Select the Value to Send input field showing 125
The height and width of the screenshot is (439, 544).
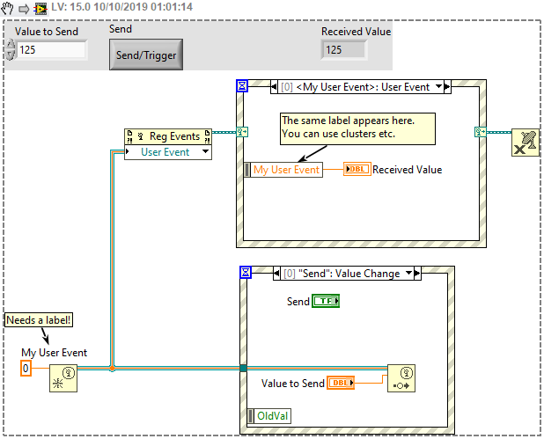click(52, 50)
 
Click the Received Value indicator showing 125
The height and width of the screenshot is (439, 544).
click(344, 50)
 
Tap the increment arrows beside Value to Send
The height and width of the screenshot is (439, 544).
click(11, 50)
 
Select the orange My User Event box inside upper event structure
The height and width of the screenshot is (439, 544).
click(286, 170)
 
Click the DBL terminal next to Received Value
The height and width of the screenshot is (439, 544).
click(357, 170)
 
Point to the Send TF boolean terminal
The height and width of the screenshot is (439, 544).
click(326, 302)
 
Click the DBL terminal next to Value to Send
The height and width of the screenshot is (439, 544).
click(340, 383)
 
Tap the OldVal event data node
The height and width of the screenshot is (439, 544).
click(272, 416)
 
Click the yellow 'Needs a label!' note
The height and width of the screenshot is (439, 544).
click(38, 320)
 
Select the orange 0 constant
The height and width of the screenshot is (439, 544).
click(26, 369)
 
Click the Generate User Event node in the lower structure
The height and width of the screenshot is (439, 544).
click(401, 377)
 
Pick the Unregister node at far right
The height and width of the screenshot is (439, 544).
click(526, 143)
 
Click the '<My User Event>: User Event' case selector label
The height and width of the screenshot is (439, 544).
click(361, 87)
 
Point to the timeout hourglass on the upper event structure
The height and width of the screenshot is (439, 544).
click(243, 86)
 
